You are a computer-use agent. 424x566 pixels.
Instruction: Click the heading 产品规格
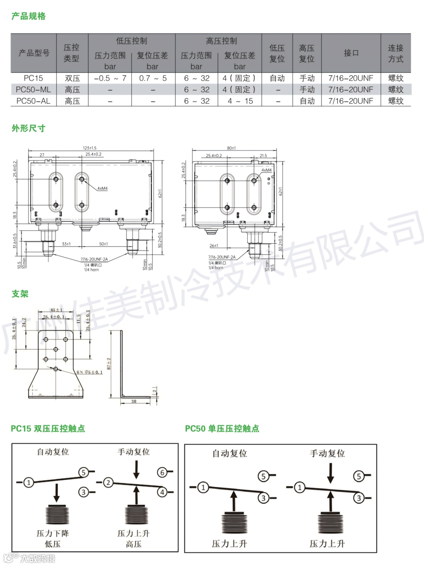pos(28,16)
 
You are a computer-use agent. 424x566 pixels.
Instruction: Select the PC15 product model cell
pos(33,78)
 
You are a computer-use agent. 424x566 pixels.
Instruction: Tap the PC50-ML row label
pos(33,90)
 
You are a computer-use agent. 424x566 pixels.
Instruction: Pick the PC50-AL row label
pos(33,101)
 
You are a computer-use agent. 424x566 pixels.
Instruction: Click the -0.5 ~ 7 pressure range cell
pos(110,78)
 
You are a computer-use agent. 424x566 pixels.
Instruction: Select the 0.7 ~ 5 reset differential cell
pos(153,78)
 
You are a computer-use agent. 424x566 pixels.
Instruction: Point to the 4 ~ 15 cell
pos(240,101)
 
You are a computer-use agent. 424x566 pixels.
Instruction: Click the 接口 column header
pos(351,53)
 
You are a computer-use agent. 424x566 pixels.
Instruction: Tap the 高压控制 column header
pos(221,41)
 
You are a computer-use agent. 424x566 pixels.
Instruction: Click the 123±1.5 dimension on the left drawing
pos(90,148)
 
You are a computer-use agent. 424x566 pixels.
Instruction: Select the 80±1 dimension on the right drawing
pos(231,148)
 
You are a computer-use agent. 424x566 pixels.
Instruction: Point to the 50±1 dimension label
pos(103,244)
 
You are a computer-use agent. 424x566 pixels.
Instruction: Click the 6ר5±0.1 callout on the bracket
pos(90,372)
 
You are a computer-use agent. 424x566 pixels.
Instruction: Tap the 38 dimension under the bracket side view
pos(134,401)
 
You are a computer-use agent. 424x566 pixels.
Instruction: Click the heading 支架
pos(20,294)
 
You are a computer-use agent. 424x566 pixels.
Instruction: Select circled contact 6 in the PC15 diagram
pos(162,472)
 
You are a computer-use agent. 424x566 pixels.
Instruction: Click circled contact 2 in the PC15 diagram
pos(108,482)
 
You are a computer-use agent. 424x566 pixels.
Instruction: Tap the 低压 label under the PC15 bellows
pos(53,544)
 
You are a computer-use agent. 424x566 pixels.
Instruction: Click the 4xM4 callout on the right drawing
pos(267,170)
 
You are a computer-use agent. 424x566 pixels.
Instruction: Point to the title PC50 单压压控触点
pos(222,428)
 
